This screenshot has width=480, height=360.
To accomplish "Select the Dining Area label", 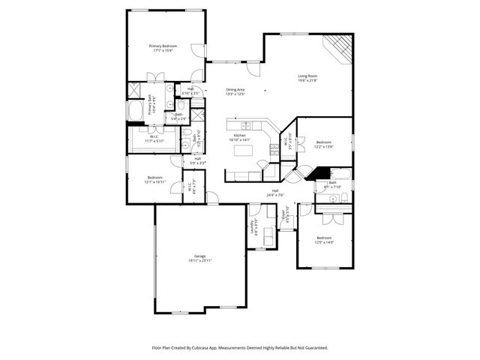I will tap(235, 90).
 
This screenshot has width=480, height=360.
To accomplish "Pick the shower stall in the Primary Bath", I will tap(133, 89).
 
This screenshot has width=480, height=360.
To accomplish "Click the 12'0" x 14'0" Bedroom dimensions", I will tap(324, 242).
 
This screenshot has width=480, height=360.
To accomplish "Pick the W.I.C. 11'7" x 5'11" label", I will tap(154, 139).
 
